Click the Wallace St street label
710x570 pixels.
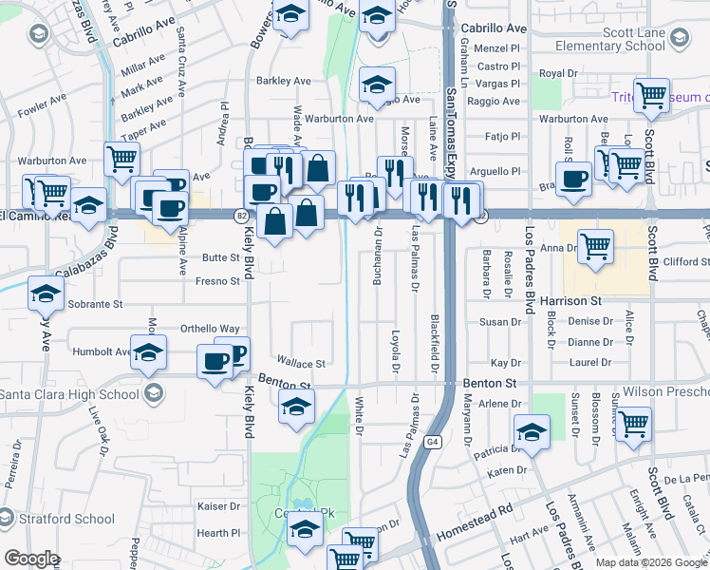tap(301, 363)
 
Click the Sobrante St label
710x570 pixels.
tap(96, 305)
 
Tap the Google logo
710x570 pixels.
tap(31, 559)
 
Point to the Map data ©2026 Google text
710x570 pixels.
tap(651, 562)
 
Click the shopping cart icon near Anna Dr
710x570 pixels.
tap(595, 247)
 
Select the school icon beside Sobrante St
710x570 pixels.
tap(45, 294)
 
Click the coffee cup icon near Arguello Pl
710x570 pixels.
tap(573, 180)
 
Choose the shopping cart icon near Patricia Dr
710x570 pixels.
tap(633, 422)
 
